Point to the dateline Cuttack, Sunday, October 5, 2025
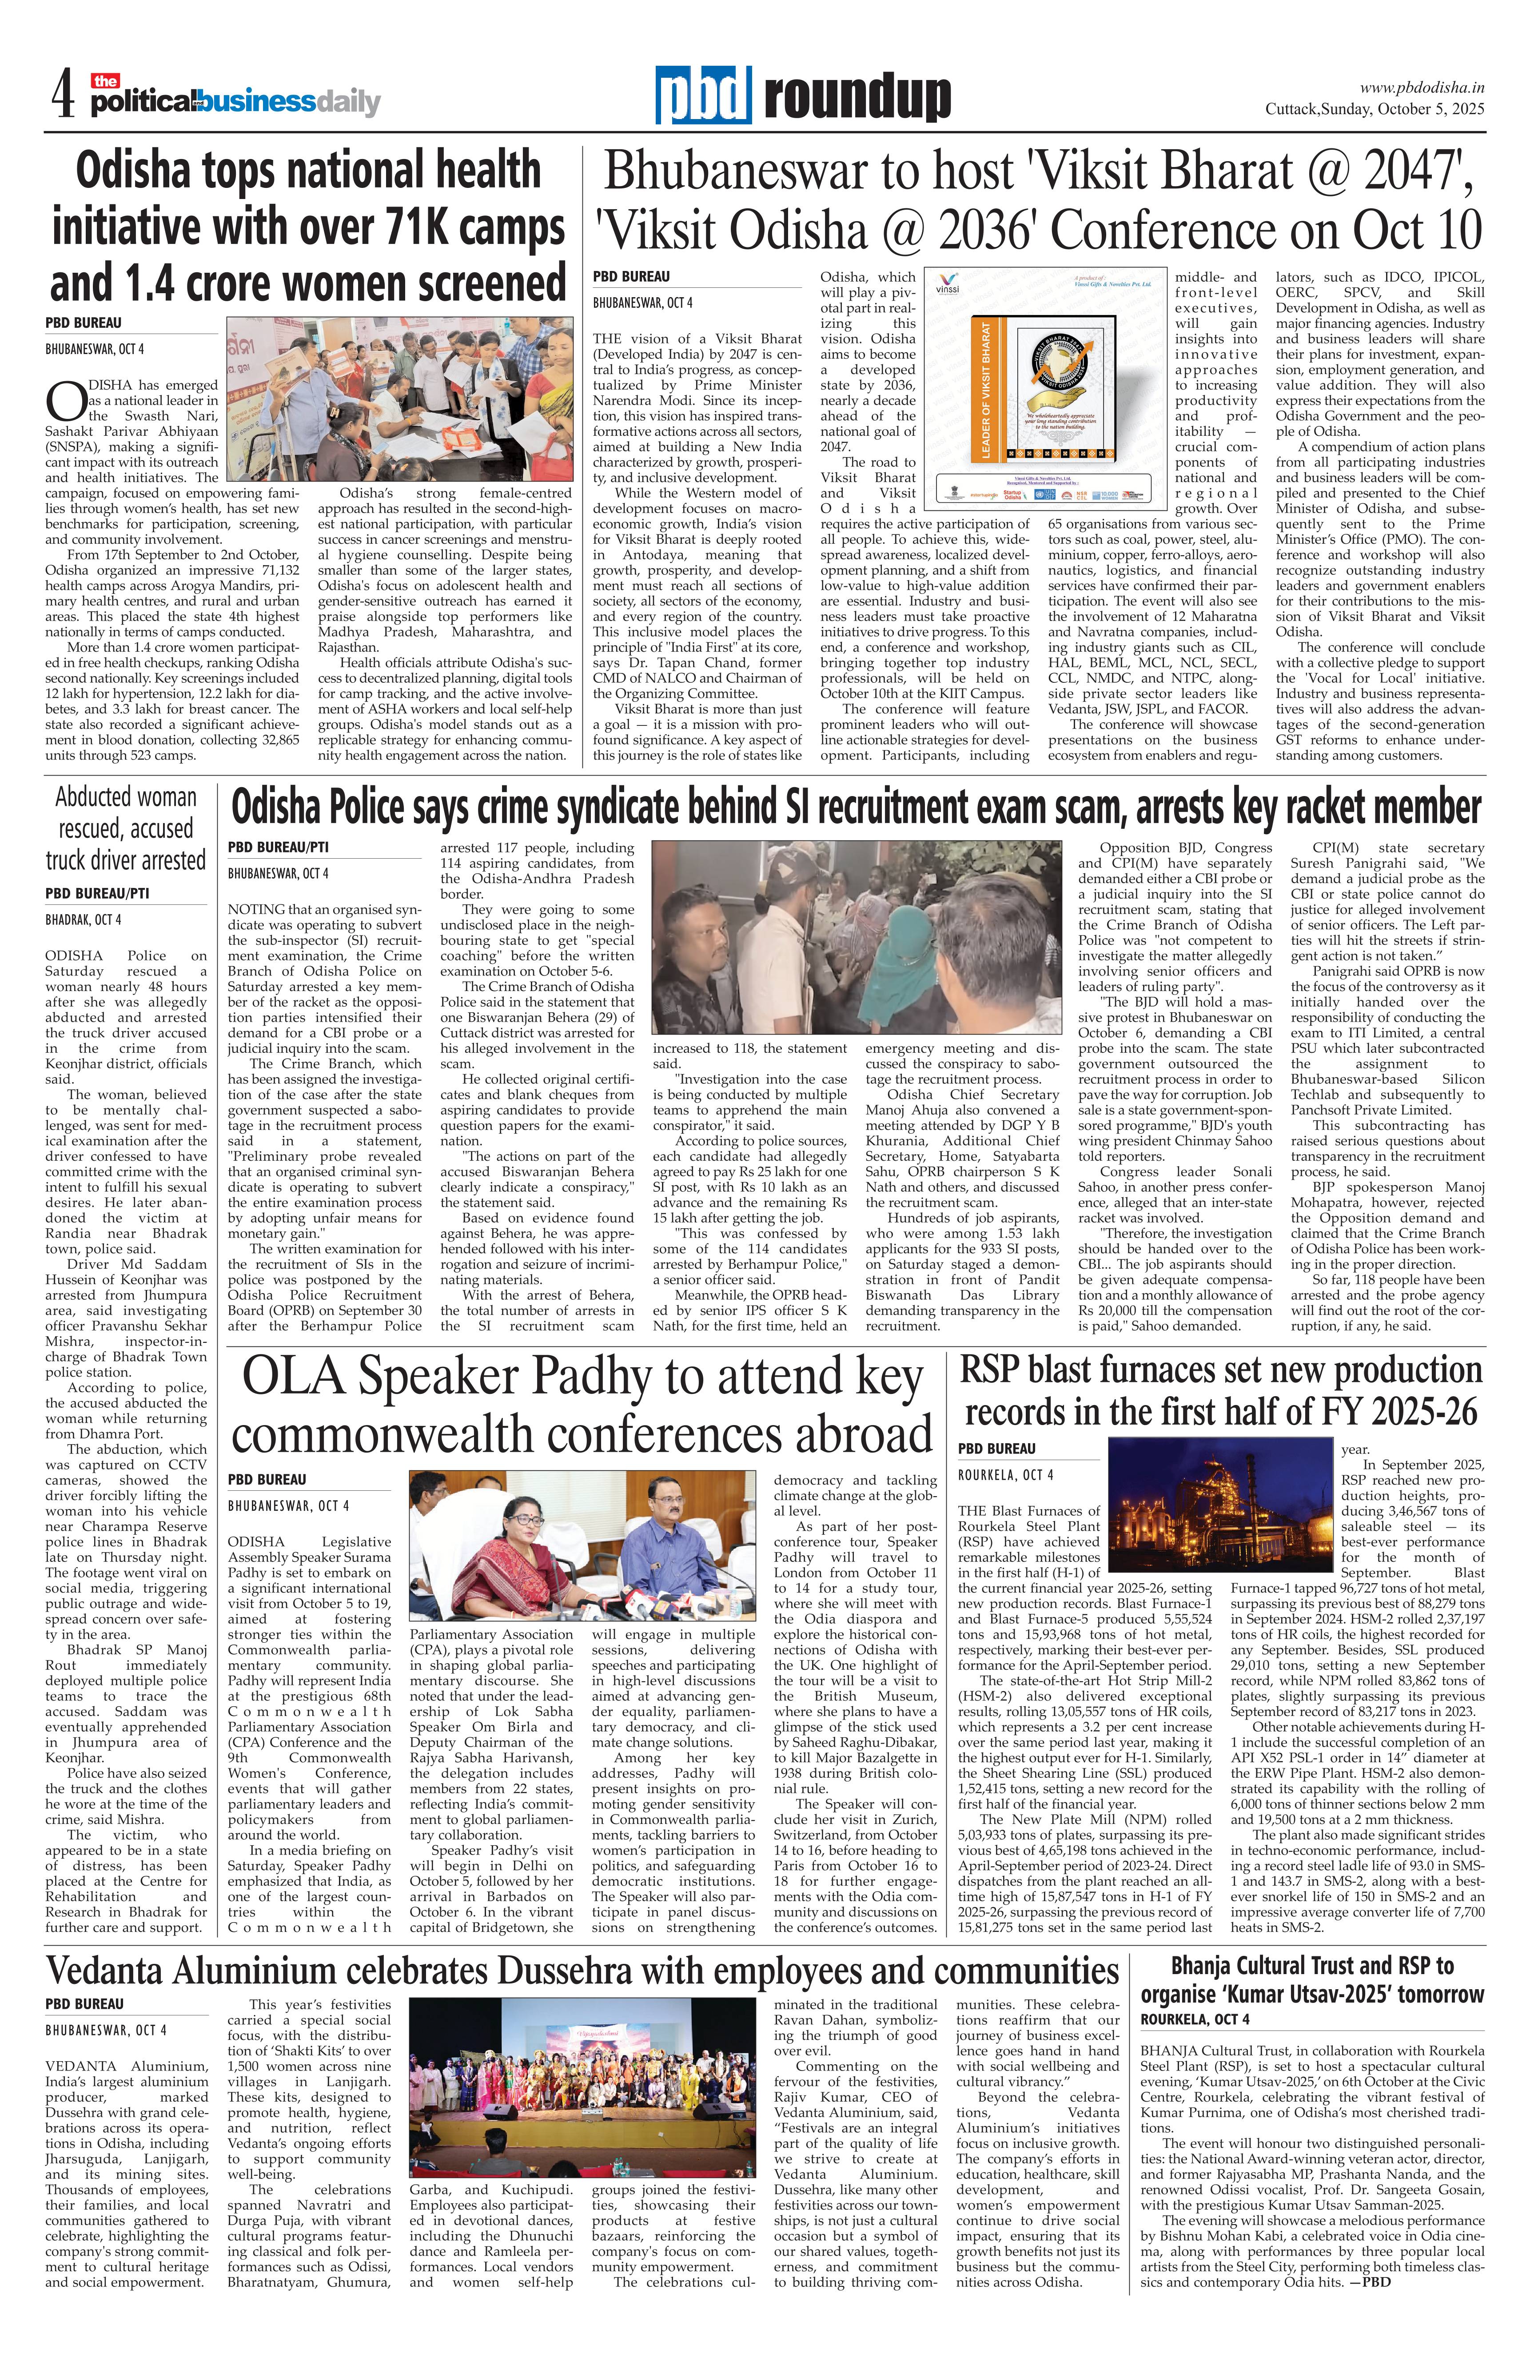[x=1374, y=109]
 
